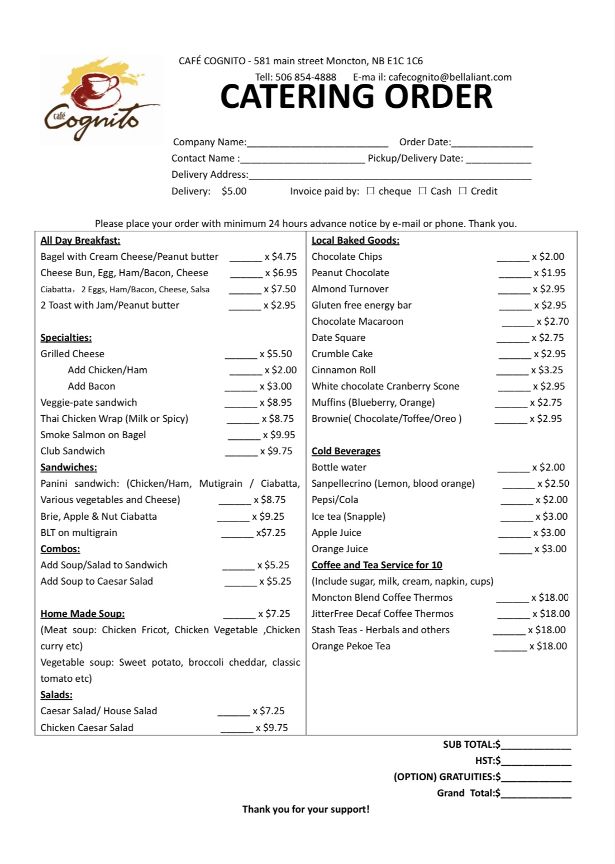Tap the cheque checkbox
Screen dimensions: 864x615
coord(370,191)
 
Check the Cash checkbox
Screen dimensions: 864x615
coord(422,191)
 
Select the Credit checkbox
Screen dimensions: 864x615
coord(463,191)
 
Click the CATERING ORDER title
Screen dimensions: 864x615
coord(356,97)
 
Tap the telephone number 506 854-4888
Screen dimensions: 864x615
coord(306,77)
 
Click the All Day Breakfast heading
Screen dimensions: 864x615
coord(80,240)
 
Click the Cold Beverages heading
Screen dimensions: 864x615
coord(346,451)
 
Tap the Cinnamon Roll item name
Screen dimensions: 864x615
coord(344,370)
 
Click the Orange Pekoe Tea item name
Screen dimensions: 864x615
coord(351,646)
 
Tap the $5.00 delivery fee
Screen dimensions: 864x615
coord(234,191)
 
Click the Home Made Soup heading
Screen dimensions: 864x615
coord(83,614)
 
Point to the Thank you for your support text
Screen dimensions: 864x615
coord(306,809)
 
